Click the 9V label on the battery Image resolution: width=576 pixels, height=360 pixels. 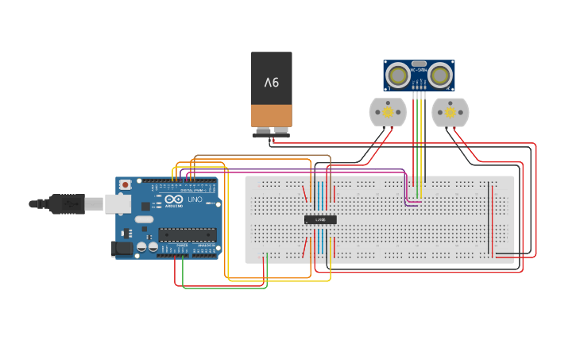click(x=272, y=82)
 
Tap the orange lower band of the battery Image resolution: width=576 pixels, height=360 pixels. click(x=272, y=116)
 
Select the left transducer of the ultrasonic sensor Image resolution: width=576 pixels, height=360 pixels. click(x=397, y=75)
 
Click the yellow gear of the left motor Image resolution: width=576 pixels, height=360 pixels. click(x=388, y=112)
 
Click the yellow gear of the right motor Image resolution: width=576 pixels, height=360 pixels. click(x=450, y=112)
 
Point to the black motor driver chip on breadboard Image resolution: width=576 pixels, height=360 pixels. click(x=320, y=219)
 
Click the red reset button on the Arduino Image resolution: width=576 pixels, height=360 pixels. click(x=125, y=184)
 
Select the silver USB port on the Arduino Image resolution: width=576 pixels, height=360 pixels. click(x=118, y=204)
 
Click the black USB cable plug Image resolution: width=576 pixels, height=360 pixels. click(x=68, y=204)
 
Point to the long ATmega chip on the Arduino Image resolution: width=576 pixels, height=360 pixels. click(x=187, y=234)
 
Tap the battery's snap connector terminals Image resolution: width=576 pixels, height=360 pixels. click(x=271, y=131)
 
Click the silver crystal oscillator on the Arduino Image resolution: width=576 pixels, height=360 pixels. click(x=143, y=219)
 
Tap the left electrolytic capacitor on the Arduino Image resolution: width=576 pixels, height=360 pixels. click(x=141, y=247)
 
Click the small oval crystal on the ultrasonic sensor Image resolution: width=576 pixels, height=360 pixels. click(x=419, y=63)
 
